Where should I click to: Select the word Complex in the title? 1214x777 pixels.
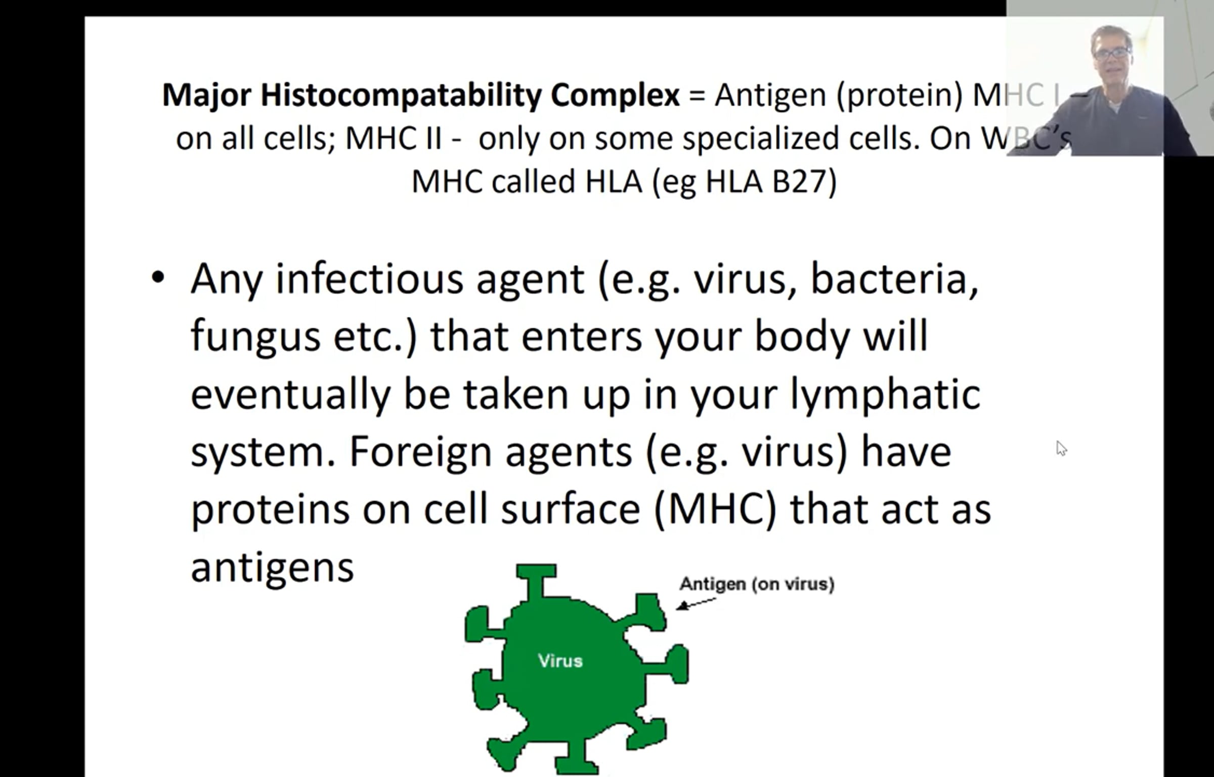(615, 95)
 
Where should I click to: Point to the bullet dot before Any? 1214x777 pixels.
(158, 277)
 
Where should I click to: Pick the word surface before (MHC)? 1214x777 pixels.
(570, 509)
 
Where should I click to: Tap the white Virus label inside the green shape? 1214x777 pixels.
(560, 661)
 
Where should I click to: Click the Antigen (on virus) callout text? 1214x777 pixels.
(757, 584)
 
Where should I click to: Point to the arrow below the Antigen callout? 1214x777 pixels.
(696, 603)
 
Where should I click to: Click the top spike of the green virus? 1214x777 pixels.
(536, 580)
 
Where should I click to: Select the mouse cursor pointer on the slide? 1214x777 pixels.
(1061, 448)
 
